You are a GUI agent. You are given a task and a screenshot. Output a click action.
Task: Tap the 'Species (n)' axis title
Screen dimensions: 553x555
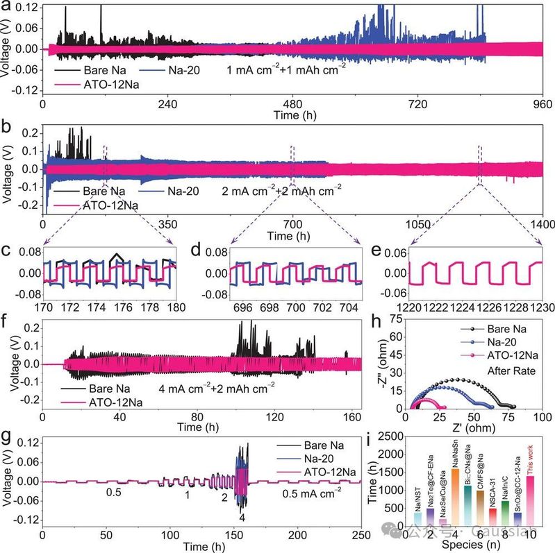[472, 546]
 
